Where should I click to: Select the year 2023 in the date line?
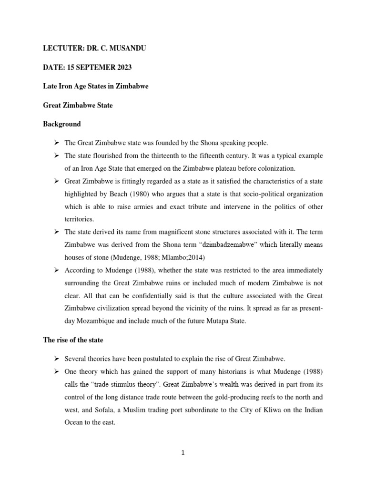[x=122, y=68]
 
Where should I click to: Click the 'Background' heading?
[x=61, y=124]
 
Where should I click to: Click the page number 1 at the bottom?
[x=183, y=453]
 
